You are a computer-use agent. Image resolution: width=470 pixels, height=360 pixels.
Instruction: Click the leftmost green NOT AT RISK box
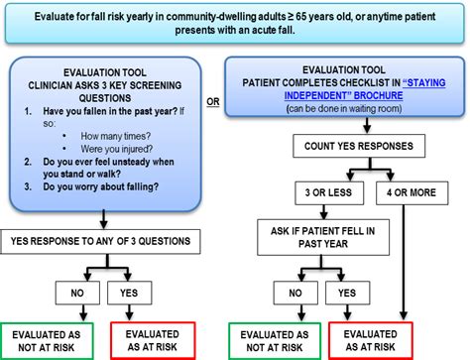coord(53,338)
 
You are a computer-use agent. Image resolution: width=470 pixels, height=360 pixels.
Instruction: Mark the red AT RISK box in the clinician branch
coord(157,338)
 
